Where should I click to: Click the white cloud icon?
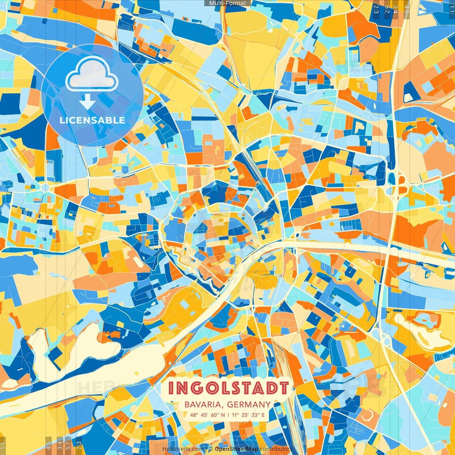(92, 75)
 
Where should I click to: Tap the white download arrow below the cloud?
(87, 102)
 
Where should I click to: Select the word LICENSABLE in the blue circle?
(92, 120)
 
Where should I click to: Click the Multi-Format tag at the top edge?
(227, 3)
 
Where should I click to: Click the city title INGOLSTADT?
(228, 388)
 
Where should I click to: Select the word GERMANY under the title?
(249, 405)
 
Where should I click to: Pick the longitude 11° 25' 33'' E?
(248, 415)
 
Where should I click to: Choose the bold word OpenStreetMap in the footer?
(236, 449)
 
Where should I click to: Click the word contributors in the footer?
(276, 449)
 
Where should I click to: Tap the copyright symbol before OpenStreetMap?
(211, 449)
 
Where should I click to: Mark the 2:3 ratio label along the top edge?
(376, 9)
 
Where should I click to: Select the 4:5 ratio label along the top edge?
(406, 9)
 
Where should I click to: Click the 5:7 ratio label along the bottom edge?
(68, 445)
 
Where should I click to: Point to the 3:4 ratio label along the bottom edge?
(59, 445)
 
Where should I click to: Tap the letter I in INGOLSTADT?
(171, 388)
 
